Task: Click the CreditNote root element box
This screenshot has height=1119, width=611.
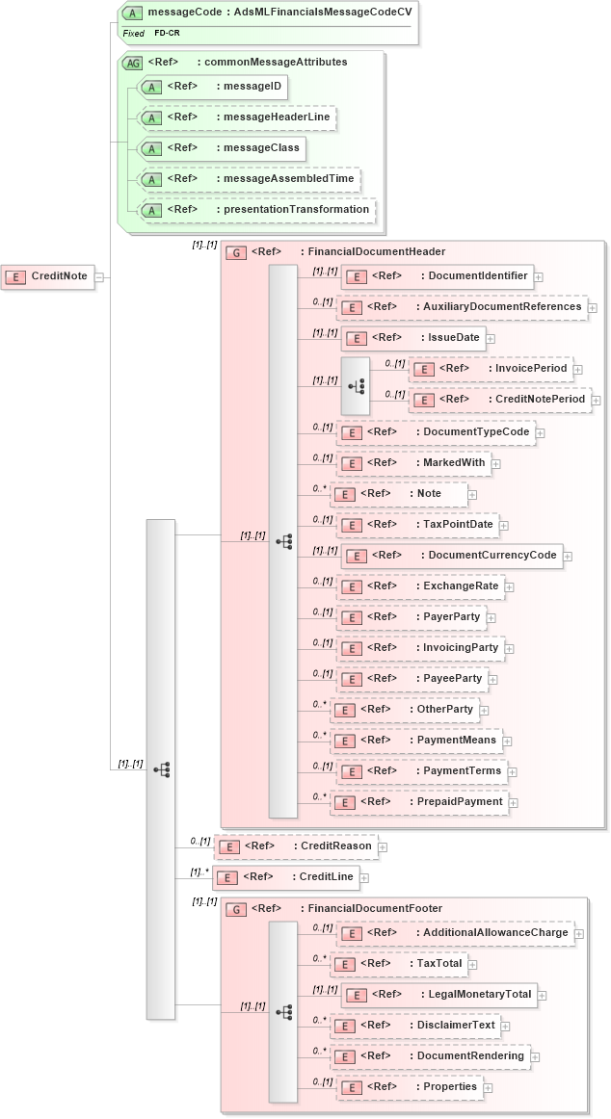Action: pos(48,276)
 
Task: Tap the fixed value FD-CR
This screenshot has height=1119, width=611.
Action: pos(167,34)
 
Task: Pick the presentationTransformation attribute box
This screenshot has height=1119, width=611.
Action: pos(257,210)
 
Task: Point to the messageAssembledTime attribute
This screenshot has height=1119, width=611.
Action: pos(250,179)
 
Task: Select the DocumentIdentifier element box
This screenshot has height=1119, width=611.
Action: pos(437,276)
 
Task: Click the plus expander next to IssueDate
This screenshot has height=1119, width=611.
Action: pos(490,338)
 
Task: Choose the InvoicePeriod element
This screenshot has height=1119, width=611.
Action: pos(491,369)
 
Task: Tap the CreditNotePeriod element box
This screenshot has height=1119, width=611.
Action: pos(500,400)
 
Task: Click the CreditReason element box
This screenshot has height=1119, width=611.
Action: pos(295,846)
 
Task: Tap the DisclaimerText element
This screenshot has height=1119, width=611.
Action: pos(415,1026)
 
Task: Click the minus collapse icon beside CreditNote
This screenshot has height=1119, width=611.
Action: pos(99,277)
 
